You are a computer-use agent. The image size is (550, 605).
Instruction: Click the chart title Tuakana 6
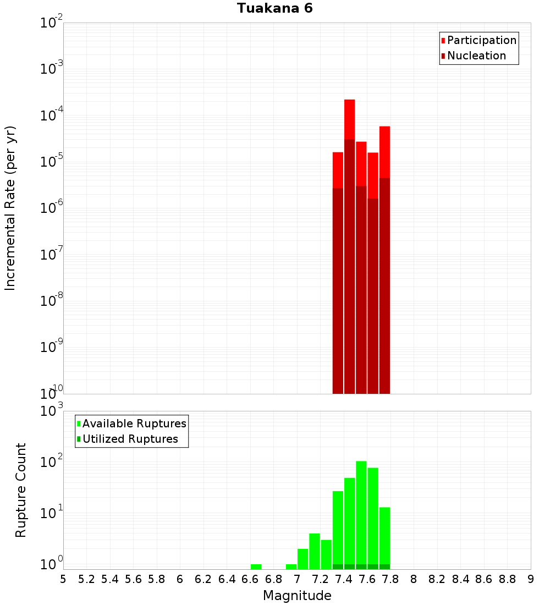275,8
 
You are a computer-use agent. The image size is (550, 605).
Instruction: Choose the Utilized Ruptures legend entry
130,439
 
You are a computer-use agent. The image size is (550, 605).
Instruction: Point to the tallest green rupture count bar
361,512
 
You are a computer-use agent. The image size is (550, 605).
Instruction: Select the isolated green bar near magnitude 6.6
256,566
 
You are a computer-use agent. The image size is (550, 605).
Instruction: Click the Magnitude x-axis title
297,596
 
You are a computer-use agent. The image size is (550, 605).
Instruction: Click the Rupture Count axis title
21,490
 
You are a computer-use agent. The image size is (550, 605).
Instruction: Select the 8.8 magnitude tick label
507,579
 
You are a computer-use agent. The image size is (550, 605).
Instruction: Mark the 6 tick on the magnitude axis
180,579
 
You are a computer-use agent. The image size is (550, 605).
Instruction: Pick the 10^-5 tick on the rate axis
52,162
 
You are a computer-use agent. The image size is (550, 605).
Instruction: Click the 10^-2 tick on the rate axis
52,23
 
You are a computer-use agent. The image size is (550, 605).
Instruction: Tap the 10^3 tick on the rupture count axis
52,411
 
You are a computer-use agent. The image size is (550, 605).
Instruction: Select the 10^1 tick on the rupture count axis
52,514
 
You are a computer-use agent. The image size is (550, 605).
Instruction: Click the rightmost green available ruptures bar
384,536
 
